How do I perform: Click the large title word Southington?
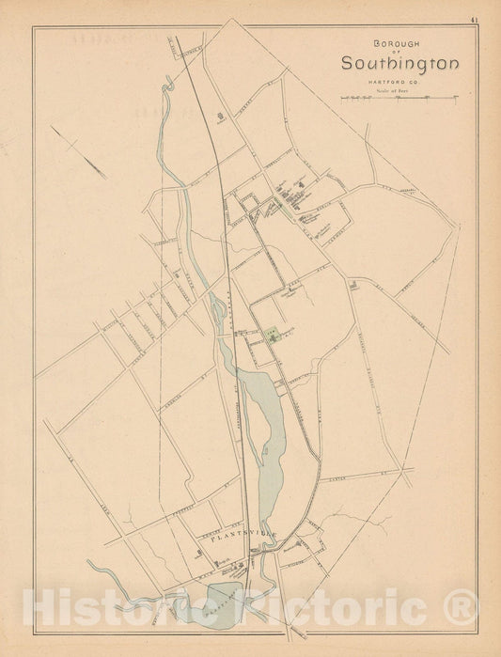click(399, 64)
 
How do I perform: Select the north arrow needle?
click(81, 153)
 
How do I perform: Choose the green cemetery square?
click(274, 332)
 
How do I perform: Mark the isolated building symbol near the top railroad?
click(223, 118)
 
